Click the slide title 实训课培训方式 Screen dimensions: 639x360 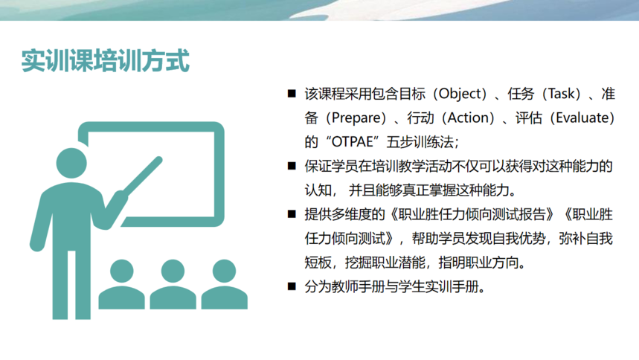(x=105, y=61)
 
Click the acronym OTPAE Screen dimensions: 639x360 (x=352, y=142)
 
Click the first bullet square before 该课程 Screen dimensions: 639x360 (x=292, y=94)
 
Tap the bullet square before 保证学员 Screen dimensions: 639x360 (x=292, y=166)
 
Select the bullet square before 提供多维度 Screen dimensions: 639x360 (x=292, y=214)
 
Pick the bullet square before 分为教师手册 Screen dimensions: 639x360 (x=292, y=286)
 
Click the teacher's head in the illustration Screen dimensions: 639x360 (x=71, y=163)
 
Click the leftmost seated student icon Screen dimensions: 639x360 (x=121, y=284)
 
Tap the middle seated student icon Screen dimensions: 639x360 (x=173, y=284)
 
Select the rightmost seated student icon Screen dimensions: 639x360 (x=224, y=284)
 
